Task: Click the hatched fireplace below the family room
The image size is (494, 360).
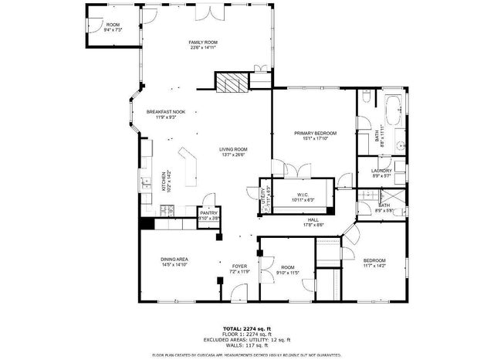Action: (228, 83)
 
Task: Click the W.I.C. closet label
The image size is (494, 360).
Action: (303, 195)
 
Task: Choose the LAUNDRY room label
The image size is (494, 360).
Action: (381, 171)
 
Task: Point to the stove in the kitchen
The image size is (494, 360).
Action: (168, 209)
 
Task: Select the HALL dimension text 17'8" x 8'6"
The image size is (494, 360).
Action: (314, 225)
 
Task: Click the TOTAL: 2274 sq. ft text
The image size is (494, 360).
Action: (247, 328)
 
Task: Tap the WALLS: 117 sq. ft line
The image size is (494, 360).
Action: (247, 345)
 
